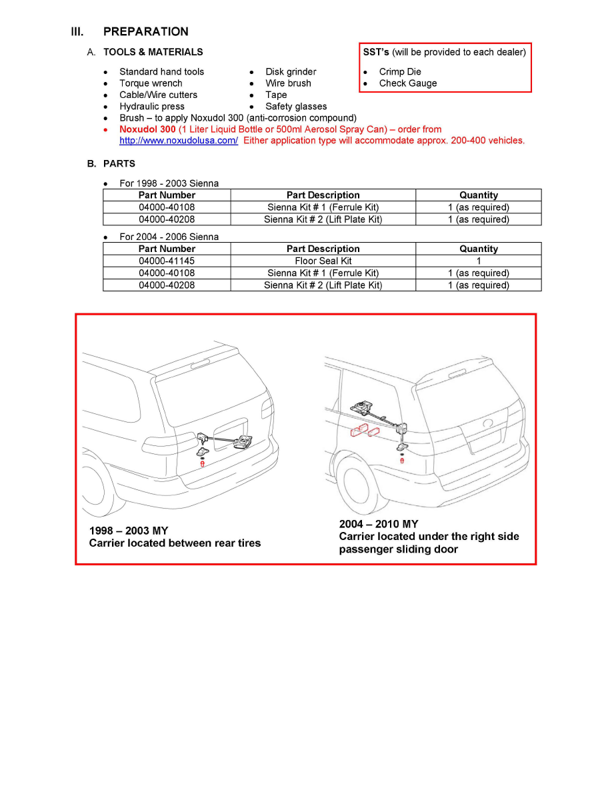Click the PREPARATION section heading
tap(145, 31)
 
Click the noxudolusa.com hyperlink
tap(179, 141)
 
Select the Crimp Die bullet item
tap(400, 72)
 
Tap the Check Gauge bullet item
tap(408, 83)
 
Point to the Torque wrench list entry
tap(151, 83)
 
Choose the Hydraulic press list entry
tap(152, 106)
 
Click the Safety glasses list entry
tap(296, 106)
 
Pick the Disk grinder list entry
tap(291, 72)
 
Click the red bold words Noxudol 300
tap(147, 129)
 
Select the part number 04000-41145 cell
tap(167, 261)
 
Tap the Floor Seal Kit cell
tap(323, 261)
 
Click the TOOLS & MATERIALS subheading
tap(153, 52)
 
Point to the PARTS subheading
tap(119, 163)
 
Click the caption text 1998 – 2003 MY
tap(129, 531)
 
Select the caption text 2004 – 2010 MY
tap(379, 524)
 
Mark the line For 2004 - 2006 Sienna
tap(169, 237)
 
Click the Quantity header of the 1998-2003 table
tap(479, 195)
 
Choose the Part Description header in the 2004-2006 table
tap(323, 249)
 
